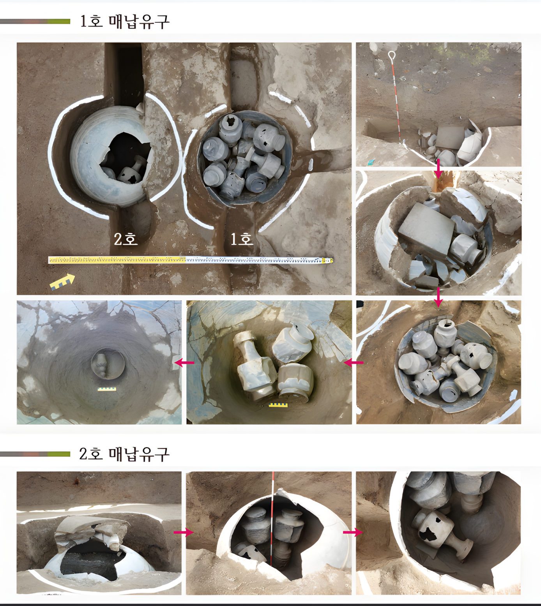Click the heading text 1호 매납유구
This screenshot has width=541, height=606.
click(125, 21)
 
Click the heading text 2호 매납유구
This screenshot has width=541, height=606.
click(125, 454)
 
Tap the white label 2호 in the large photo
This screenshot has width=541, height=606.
click(126, 239)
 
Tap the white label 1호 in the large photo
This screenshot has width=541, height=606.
click(242, 239)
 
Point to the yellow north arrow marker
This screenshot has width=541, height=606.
click(62, 282)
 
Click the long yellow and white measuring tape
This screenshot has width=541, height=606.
click(191, 260)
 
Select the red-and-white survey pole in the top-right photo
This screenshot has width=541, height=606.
click(396, 97)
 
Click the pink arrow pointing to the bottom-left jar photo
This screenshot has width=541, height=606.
click(184, 363)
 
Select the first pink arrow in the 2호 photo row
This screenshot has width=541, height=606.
click(184, 532)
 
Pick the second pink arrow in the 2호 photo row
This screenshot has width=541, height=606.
click(353, 532)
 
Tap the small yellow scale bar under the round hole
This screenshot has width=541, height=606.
click(107, 389)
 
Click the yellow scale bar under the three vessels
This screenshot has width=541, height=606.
click(278, 405)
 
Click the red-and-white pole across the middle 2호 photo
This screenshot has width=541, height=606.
click(272, 519)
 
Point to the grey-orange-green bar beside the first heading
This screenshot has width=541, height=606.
click(35, 21)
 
